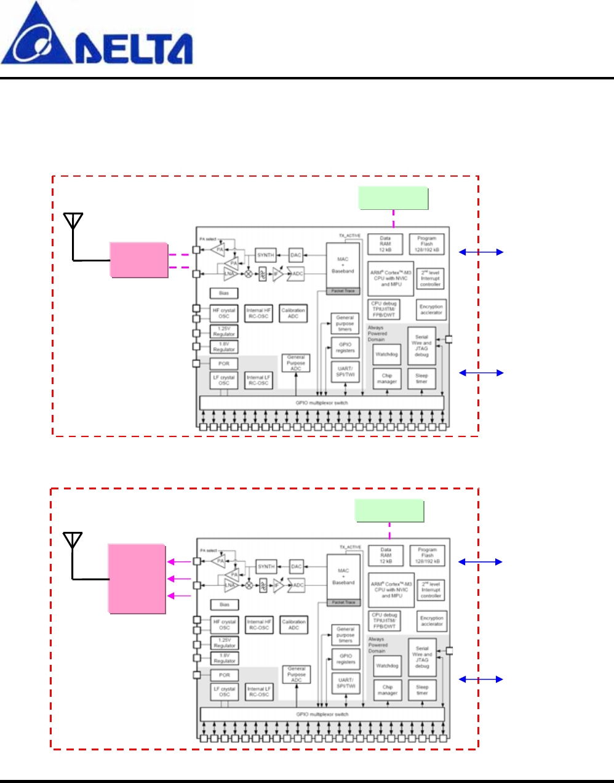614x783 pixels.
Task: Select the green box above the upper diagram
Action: coord(393,198)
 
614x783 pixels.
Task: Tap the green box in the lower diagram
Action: coord(389,511)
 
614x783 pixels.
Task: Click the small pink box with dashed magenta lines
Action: coord(139,260)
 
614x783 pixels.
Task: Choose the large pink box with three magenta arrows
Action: coord(137,579)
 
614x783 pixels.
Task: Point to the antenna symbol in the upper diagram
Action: coord(73,222)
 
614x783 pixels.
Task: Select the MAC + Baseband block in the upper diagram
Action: coord(343,265)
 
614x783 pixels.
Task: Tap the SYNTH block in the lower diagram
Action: coord(266,566)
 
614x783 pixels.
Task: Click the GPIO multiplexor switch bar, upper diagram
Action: coord(322,403)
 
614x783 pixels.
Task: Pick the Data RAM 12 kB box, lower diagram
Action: coord(386,555)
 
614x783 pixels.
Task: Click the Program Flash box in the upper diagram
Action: coord(426,244)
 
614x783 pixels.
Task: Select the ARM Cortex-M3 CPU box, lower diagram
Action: coord(391,590)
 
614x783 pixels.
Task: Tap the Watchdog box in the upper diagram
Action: coord(386,355)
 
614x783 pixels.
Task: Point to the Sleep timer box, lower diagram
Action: coord(422,690)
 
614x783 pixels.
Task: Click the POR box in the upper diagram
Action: coord(224,364)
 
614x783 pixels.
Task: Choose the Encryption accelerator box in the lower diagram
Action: coord(431,620)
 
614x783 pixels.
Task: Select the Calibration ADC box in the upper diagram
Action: coord(293,313)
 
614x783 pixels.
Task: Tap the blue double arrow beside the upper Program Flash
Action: coord(481,252)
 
